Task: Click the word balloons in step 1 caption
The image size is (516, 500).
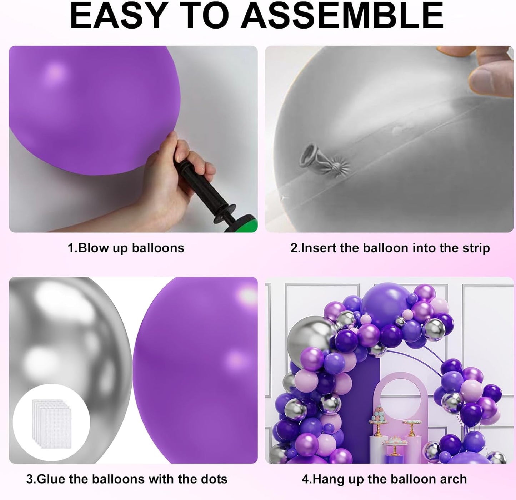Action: pos(158,248)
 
